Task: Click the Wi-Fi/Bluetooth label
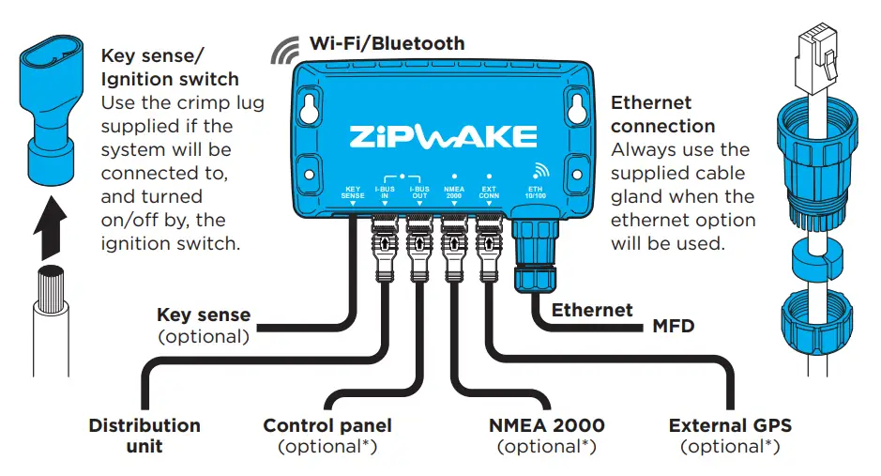387,43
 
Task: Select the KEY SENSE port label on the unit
353,192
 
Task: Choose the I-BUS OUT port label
419,192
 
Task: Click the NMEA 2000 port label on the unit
454,192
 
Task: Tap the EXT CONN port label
488,192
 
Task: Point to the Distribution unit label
144,436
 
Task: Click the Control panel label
327,425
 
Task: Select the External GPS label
730,425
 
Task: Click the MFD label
674,328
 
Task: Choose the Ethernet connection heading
662,115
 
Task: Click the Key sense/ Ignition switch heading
170,68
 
